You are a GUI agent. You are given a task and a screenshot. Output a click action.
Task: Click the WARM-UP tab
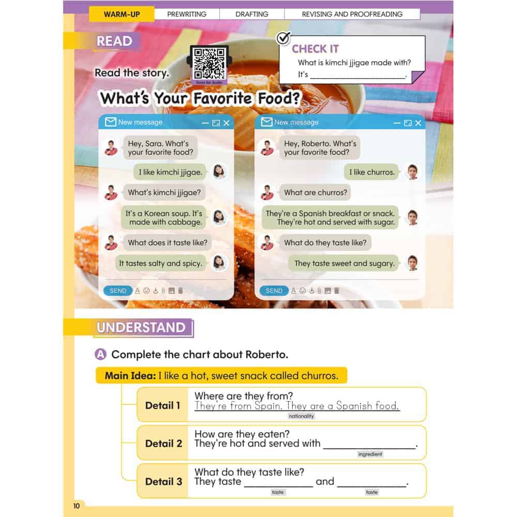point(121,14)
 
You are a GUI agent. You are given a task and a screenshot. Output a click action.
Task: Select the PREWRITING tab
point(187,14)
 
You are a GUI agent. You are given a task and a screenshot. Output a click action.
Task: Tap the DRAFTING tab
point(252,14)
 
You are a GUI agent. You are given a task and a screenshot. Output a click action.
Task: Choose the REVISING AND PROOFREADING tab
point(352,14)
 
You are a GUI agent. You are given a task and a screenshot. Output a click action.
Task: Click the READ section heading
point(115,41)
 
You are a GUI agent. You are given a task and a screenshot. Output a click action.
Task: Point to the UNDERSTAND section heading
point(141,327)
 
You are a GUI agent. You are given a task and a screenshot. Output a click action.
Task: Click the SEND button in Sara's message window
point(118,291)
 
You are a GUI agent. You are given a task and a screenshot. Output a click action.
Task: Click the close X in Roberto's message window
point(418,123)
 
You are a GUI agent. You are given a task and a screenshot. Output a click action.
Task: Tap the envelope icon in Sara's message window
point(110,122)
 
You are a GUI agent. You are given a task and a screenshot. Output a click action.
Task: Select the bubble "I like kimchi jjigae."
point(170,172)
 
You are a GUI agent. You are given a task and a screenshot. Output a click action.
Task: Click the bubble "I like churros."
point(372,172)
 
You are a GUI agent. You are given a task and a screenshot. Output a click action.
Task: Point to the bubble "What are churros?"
point(315,192)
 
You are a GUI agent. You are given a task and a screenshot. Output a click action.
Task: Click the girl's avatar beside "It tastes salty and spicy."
point(220,263)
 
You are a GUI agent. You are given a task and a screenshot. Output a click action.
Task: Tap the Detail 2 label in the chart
point(163,443)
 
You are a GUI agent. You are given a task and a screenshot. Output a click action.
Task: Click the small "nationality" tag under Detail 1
point(301,416)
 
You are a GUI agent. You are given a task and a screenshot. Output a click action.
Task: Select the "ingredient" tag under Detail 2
point(370,454)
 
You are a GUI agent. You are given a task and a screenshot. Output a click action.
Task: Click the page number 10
point(77,506)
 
